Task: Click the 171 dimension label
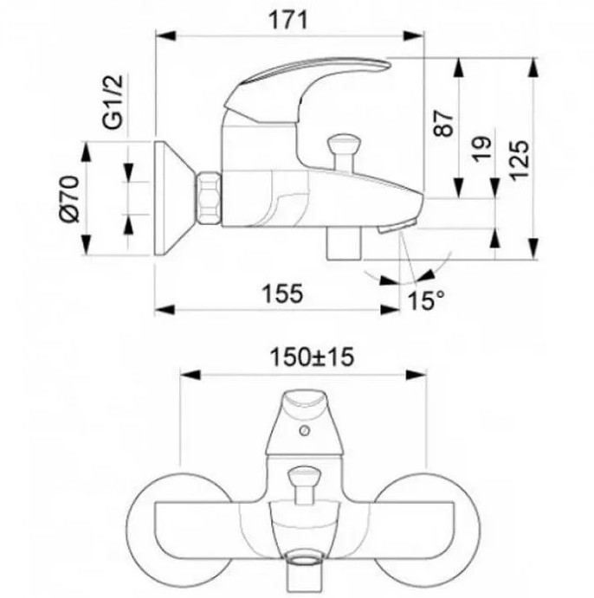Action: click(288, 20)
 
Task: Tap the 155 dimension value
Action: click(282, 293)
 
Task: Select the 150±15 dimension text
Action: click(312, 357)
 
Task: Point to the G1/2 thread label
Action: click(113, 101)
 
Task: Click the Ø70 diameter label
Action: click(69, 198)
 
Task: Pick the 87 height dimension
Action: click(444, 123)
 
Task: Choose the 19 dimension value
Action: click(481, 149)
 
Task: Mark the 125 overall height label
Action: click(520, 160)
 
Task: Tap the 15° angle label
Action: click(425, 300)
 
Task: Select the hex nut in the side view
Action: click(209, 197)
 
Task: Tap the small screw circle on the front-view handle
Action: click(304, 431)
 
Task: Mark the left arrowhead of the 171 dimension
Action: click(165, 35)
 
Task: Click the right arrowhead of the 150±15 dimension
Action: click(416, 375)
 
